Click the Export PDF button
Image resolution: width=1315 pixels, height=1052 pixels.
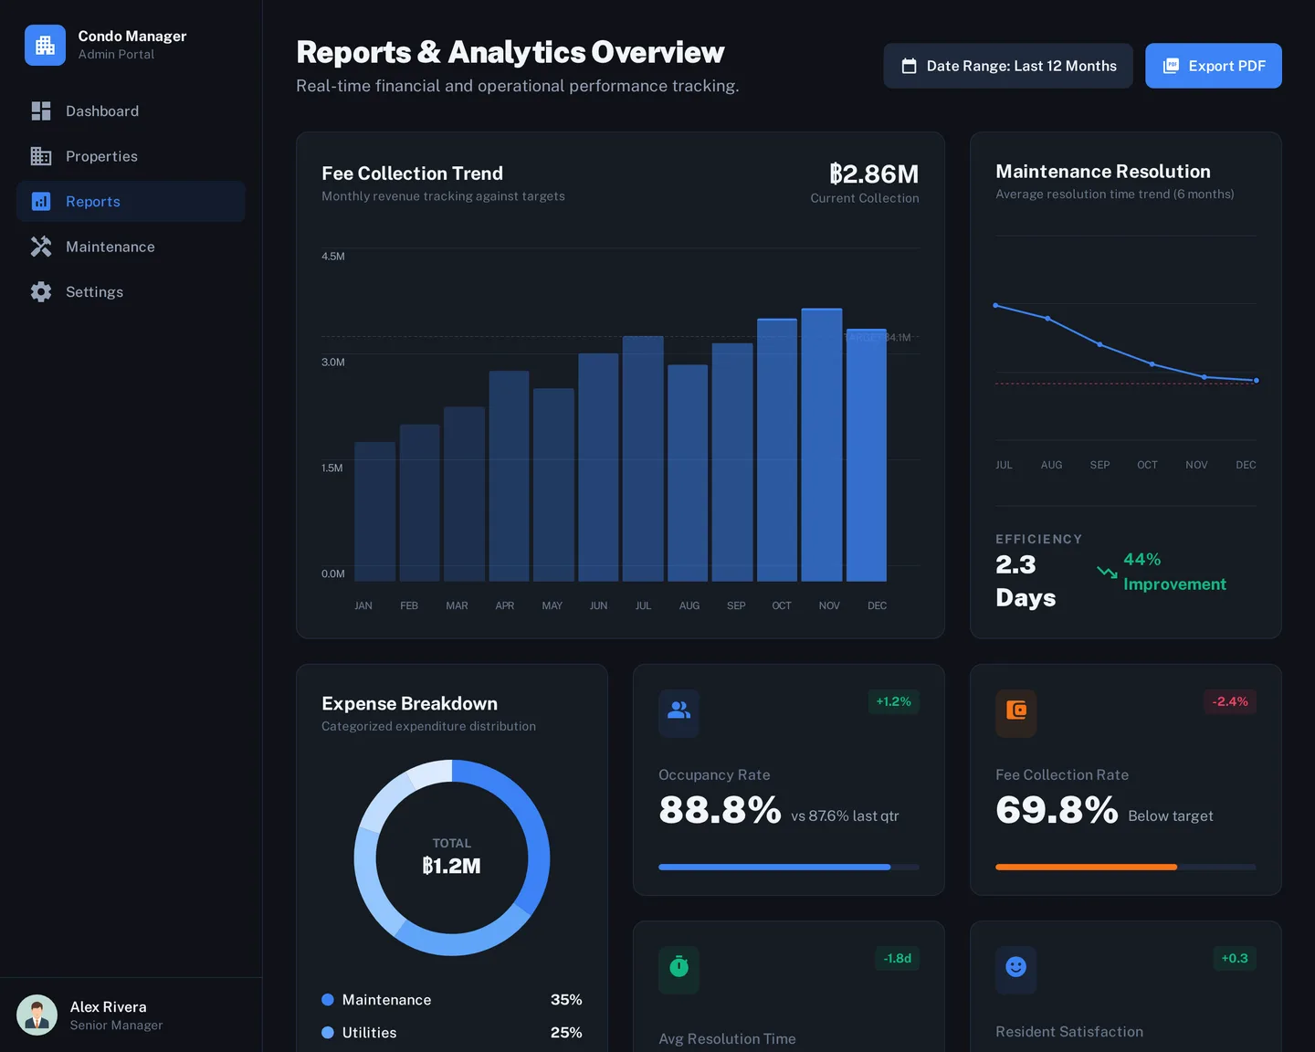coord(1213,66)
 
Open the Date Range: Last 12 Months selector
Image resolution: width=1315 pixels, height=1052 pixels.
coord(1007,66)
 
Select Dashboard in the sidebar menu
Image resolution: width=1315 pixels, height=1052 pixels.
coord(101,111)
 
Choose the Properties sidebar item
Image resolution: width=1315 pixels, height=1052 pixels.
coord(101,156)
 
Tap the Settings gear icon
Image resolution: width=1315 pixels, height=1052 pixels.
coord(41,292)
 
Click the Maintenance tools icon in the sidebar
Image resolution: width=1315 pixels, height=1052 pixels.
coord(41,247)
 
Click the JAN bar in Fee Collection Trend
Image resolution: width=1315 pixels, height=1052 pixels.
coord(374,511)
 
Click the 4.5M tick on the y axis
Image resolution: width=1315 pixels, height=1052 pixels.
coord(333,257)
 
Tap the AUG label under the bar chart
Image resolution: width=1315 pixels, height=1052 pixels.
coord(689,605)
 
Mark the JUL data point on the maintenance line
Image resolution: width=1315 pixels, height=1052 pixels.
coord(995,305)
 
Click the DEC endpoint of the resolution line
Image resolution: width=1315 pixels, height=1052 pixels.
coord(1256,380)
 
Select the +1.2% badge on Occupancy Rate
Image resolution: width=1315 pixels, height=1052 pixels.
coord(893,701)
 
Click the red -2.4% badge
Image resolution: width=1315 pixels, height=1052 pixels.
coord(1229,701)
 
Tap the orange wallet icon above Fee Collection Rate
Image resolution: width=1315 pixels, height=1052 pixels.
coord(1015,710)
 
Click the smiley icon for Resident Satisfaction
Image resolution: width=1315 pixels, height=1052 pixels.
coord(1015,967)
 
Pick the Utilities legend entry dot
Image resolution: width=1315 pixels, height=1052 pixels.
coord(328,1033)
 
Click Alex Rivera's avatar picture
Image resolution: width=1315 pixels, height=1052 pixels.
coord(37,1015)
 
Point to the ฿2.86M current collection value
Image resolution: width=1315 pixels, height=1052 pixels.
coord(873,174)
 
